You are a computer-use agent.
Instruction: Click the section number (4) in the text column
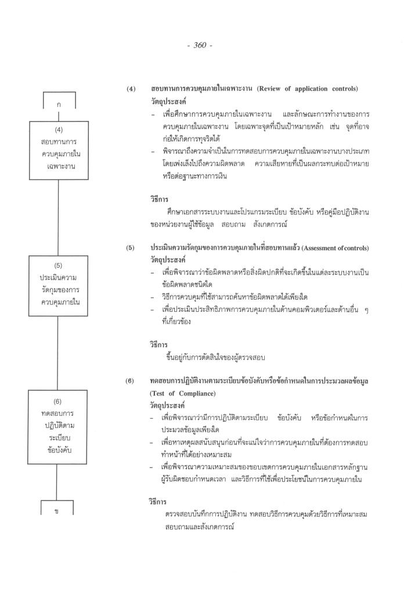(x=131, y=89)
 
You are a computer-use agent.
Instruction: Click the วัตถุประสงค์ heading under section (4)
(x=167, y=100)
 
